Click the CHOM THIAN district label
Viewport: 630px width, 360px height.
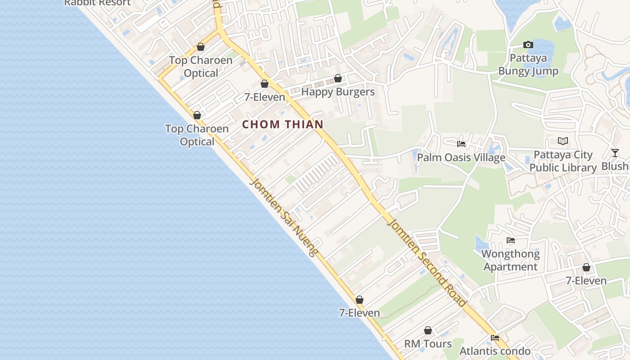pyautogui.click(x=283, y=125)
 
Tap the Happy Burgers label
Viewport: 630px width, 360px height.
pyautogui.click(x=337, y=92)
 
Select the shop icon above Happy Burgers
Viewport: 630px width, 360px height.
pyautogui.click(x=338, y=79)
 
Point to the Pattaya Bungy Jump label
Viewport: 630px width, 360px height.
pyautogui.click(x=528, y=65)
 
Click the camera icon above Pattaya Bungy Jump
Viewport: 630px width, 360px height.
pyautogui.click(x=528, y=45)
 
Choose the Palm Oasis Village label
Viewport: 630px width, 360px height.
pyautogui.click(x=461, y=157)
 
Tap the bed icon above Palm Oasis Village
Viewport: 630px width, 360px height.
pyautogui.click(x=461, y=144)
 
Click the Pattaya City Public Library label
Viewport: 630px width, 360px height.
pyautogui.click(x=562, y=161)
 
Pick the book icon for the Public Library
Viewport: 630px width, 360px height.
pyautogui.click(x=563, y=141)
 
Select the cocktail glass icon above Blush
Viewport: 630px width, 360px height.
pyautogui.click(x=615, y=153)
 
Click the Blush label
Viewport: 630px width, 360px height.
pyautogui.click(x=615, y=166)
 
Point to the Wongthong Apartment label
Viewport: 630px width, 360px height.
pyautogui.click(x=510, y=260)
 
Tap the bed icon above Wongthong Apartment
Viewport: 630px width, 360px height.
pyautogui.click(x=510, y=240)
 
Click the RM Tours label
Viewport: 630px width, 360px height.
pyautogui.click(x=427, y=344)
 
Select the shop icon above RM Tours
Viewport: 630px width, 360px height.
pyautogui.click(x=428, y=331)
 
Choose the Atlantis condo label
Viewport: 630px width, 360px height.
pyautogui.click(x=495, y=351)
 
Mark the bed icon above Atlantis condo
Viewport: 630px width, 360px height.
pyautogui.click(x=495, y=337)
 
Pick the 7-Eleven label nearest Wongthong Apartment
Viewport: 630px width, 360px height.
pyautogui.click(x=586, y=281)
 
